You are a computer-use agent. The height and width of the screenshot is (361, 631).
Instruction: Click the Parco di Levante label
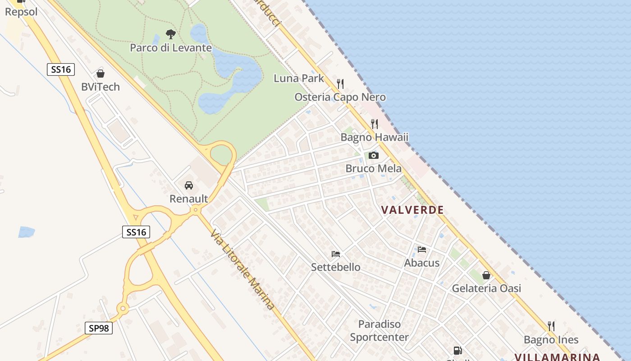(x=171, y=47)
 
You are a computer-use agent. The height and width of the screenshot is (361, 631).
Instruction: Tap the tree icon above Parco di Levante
(x=170, y=34)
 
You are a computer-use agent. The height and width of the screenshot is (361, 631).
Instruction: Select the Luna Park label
(x=299, y=78)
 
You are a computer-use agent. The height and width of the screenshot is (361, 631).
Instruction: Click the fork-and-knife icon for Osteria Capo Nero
(x=340, y=83)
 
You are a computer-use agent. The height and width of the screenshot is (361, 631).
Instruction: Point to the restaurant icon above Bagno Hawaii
(x=375, y=124)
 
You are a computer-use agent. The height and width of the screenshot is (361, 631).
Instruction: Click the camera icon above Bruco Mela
(x=373, y=155)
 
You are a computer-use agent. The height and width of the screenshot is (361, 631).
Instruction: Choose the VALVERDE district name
(x=412, y=210)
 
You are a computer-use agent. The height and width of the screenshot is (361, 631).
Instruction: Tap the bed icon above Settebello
(x=335, y=254)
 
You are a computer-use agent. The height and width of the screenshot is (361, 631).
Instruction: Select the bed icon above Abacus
(x=422, y=249)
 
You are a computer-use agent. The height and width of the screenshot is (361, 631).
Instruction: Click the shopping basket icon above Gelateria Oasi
(x=486, y=275)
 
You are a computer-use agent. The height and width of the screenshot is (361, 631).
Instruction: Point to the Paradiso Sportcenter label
(x=379, y=330)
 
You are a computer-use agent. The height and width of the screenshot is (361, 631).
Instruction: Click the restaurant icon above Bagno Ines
(x=551, y=326)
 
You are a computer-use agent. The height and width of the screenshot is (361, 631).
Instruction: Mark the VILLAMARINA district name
(x=557, y=357)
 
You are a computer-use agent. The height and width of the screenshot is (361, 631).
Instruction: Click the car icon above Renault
(x=189, y=185)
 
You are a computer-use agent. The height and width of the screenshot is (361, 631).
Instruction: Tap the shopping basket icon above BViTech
(x=101, y=73)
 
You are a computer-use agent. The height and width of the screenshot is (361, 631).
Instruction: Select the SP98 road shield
(x=99, y=328)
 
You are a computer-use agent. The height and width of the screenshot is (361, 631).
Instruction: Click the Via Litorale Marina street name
(x=242, y=270)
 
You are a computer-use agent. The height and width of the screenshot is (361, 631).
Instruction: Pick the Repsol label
(x=21, y=12)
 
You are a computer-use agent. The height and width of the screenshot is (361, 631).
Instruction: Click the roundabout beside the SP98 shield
(x=123, y=309)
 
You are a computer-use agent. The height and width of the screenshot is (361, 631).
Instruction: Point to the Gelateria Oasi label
(x=486, y=288)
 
